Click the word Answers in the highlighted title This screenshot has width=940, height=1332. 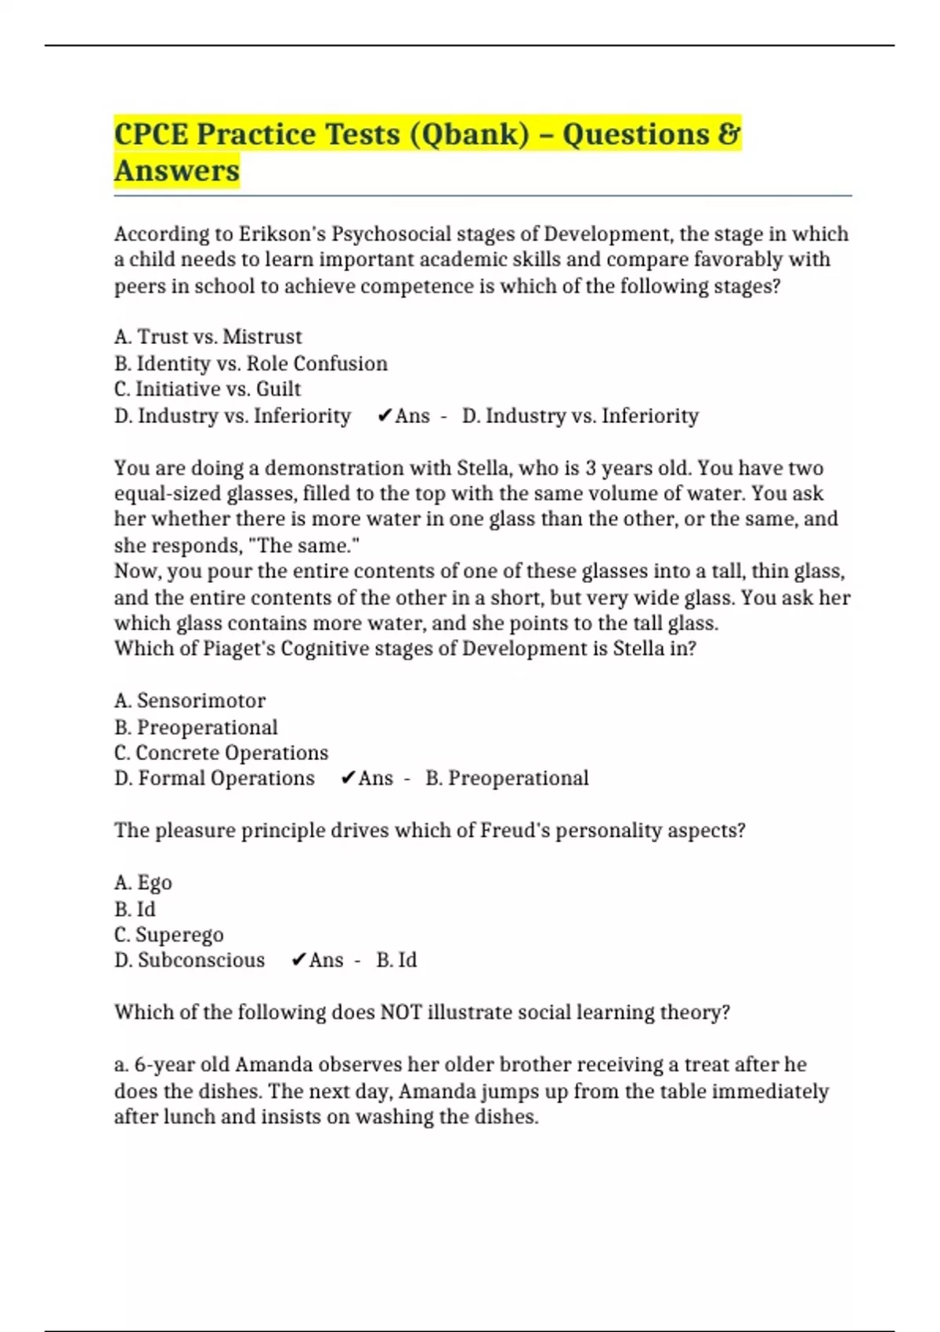point(177,171)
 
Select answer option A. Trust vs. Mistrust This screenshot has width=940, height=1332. point(208,337)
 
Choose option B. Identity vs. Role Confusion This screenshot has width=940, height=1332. point(251,364)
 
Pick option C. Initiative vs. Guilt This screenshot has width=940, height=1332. point(208,389)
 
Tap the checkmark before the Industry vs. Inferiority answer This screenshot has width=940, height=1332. point(384,416)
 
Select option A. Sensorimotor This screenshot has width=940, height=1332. point(190,700)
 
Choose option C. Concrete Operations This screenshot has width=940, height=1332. point(221,753)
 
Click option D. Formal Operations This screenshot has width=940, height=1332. point(214,779)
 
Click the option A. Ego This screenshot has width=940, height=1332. point(143,883)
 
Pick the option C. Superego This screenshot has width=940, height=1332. point(168,935)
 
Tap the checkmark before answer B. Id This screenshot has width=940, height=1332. point(298,961)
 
